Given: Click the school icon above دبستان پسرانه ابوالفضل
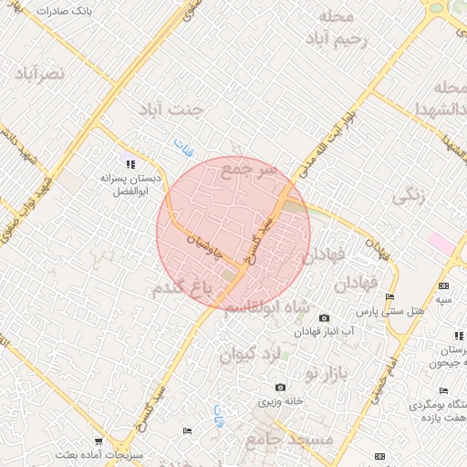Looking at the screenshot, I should coord(130,164).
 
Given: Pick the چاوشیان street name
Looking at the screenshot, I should coord(204,243).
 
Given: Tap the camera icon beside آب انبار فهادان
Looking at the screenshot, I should coord(324,317).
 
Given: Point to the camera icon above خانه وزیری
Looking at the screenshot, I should coord(280,389).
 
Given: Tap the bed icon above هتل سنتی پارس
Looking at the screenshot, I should coord(390,297).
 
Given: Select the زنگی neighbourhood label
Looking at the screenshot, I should coord(408,196).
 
